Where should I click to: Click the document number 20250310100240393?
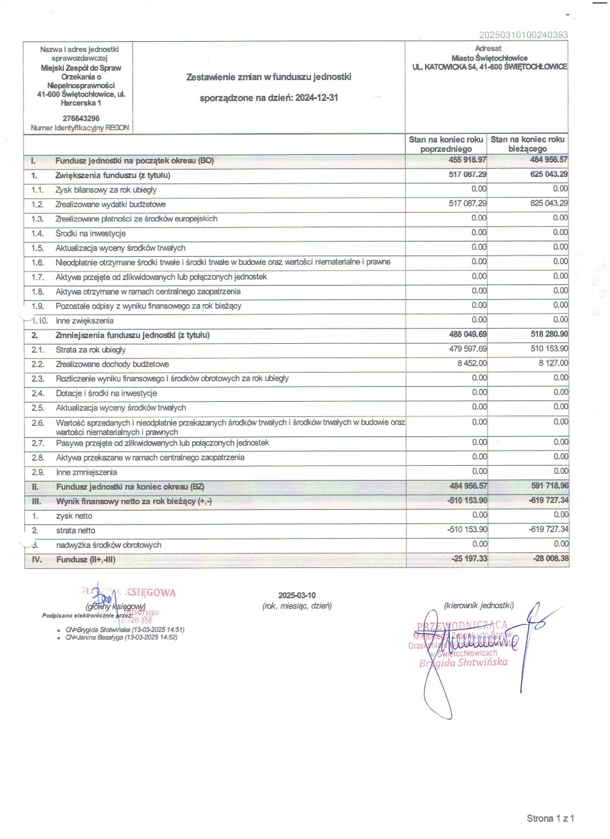[523, 35]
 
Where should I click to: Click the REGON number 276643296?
[81, 118]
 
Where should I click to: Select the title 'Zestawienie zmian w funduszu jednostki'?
[269, 77]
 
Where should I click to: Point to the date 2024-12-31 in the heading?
[316, 98]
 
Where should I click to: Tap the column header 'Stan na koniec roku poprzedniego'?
[446, 144]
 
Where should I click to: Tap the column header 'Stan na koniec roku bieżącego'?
[527, 144]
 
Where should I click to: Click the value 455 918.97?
[467, 160]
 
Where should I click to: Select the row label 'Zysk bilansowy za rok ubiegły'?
[106, 190]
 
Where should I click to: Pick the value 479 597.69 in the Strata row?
[468, 349]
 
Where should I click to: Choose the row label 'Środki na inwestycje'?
[90, 234]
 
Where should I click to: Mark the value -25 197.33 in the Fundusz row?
[469, 558]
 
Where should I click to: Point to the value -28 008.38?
[551, 558]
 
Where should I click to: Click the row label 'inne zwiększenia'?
[84, 321]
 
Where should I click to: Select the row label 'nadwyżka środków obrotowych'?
[108, 545]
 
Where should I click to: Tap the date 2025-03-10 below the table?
[297, 596]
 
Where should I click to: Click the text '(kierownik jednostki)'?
[478, 606]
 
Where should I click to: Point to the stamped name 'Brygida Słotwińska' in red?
[463, 662]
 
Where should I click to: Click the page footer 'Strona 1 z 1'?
[550, 818]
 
